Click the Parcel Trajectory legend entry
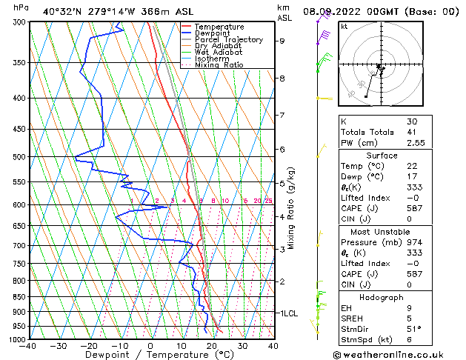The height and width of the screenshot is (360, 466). point(228,39)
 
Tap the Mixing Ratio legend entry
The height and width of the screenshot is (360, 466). point(219,65)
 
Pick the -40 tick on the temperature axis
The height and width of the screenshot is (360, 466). point(28,346)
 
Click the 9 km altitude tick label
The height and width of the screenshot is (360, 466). point(282,41)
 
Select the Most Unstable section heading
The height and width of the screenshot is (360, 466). point(382,221)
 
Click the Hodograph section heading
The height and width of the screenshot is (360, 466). point(382,297)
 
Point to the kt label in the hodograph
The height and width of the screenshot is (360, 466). point(344,26)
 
